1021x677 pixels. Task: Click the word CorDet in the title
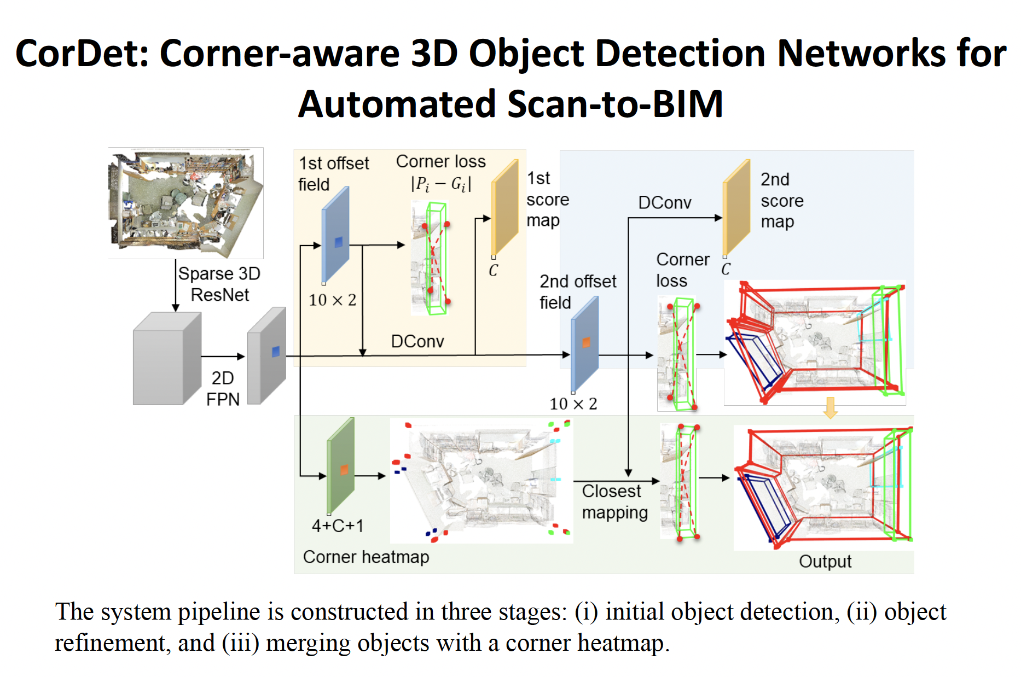pos(82,54)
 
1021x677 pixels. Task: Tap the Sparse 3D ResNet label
pos(219,284)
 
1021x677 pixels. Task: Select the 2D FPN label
pos(223,388)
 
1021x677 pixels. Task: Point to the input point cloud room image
pos(185,203)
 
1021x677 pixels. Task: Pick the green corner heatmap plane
pos(341,466)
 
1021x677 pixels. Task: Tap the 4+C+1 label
pos(338,526)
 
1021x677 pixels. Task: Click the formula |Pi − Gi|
pos(441,184)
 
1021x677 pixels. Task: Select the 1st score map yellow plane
pos(505,208)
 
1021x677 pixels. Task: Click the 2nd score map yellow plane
pos(736,208)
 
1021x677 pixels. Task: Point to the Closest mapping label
pos(614,501)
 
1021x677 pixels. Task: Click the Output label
pos(825,562)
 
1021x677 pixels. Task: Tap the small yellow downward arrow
pos(831,408)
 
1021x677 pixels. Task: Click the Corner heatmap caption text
pos(366,557)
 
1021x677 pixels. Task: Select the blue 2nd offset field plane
pos(585,343)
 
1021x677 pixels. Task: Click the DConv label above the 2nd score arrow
pos(665,203)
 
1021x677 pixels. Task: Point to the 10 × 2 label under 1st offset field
pos(332,300)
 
